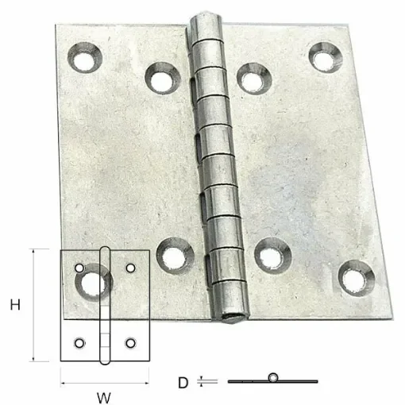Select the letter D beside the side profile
pos(183,382)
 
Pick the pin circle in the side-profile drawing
pos(274,377)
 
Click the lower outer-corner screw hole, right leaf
pos(353,276)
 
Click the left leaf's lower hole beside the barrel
pos(170,256)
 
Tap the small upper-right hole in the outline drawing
pos(131,268)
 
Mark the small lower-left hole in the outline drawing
pos(79,343)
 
